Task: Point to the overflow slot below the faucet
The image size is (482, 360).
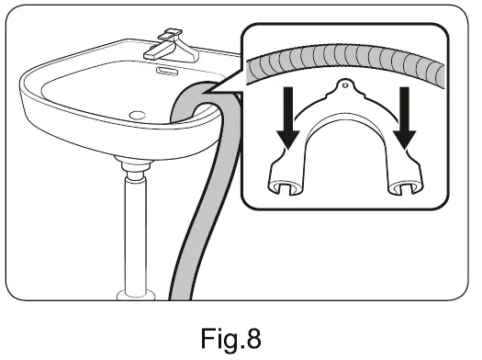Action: (x=165, y=70)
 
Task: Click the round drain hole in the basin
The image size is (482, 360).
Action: (x=139, y=115)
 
